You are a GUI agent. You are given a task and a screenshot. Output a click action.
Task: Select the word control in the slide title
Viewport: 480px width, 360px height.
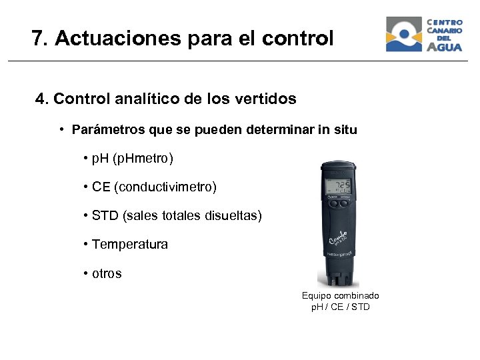pos(298,39)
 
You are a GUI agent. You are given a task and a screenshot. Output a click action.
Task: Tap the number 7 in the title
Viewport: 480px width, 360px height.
pos(37,39)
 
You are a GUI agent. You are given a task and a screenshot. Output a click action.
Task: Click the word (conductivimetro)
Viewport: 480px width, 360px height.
pos(165,187)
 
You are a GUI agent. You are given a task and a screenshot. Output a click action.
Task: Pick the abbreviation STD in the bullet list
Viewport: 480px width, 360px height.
pos(105,216)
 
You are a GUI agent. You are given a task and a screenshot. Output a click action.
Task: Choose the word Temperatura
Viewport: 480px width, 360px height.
pos(130,245)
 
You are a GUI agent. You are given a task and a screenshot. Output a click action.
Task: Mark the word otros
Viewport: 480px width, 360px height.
pos(107,273)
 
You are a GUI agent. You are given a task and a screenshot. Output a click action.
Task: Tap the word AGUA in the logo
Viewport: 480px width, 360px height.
pos(445,47)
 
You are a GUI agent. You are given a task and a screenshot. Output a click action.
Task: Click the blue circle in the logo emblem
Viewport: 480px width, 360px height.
pos(404,31)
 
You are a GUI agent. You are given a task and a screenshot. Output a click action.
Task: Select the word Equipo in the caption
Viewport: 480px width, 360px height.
pos(317,295)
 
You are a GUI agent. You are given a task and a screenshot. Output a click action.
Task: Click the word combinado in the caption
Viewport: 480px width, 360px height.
pos(357,295)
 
